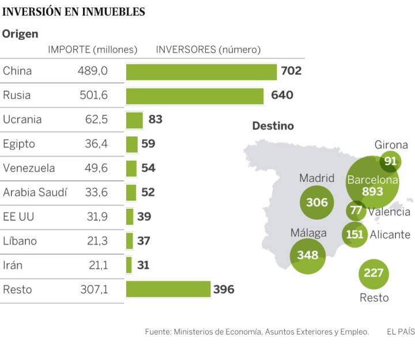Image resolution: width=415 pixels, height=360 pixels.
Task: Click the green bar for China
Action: click(201, 72)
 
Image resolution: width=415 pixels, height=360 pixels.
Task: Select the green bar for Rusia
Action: click(195, 96)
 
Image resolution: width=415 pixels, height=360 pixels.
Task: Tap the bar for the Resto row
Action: click(168, 289)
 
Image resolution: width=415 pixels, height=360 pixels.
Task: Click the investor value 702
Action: click(291, 72)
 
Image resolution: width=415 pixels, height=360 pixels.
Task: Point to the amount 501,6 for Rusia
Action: click(93, 96)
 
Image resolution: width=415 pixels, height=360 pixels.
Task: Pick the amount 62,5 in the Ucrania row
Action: click(96, 120)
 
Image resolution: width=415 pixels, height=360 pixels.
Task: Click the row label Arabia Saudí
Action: click(35, 193)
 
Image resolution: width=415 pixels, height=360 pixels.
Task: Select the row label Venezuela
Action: click(29, 168)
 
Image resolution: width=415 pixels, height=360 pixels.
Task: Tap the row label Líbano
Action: click(20, 241)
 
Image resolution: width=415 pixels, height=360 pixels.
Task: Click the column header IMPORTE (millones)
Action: click(93, 50)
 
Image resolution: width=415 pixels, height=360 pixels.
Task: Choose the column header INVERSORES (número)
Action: click(208, 50)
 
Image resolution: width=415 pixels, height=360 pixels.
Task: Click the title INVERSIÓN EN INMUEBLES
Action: click(74, 12)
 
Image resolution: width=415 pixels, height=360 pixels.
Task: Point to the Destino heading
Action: click(273, 126)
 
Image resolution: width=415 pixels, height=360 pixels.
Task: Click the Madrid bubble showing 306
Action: click(317, 202)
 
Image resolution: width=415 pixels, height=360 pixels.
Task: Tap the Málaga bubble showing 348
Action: click(308, 254)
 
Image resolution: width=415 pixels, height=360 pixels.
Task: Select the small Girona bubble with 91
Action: click(391, 161)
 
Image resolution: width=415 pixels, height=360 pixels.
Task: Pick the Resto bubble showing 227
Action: click(373, 272)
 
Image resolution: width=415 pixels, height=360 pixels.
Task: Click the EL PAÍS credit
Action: click(401, 332)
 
